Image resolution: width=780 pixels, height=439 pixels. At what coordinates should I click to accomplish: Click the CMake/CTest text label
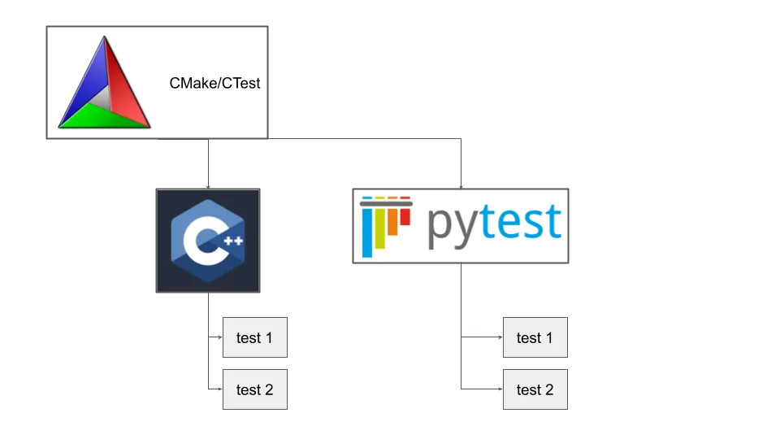coord(214,83)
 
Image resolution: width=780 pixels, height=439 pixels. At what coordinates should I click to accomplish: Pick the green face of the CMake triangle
coord(102,119)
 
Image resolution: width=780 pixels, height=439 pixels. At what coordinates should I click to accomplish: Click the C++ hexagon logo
coord(208,241)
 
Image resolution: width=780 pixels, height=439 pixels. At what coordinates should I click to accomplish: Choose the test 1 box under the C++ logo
coord(255,337)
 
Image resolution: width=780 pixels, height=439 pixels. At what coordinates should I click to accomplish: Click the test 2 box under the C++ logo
coord(255,389)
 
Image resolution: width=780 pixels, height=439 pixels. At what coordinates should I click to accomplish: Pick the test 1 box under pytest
coord(535,337)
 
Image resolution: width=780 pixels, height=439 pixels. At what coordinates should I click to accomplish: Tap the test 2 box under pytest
coord(535,389)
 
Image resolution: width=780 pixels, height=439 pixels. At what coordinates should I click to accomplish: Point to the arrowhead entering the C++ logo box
coord(208,186)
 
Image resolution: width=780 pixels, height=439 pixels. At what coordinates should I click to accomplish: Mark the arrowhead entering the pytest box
coord(461,186)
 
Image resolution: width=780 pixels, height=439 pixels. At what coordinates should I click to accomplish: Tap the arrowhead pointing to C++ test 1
coord(220,337)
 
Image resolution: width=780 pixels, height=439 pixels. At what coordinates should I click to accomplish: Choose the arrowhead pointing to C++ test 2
coord(220,389)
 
